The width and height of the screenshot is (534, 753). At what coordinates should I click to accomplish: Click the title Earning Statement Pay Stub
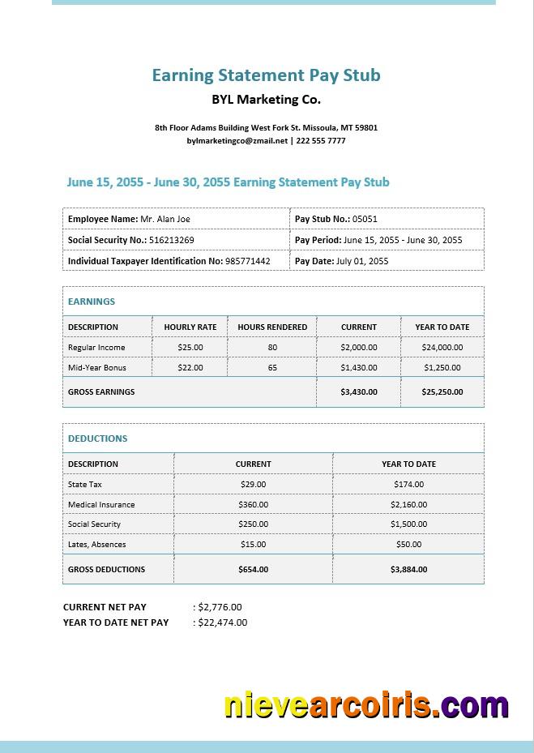click(x=266, y=75)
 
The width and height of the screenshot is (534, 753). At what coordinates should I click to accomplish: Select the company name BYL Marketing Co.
click(x=266, y=100)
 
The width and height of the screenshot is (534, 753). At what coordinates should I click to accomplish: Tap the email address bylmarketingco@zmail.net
click(x=237, y=140)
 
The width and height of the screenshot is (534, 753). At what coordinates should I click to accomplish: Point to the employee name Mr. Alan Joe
click(x=165, y=219)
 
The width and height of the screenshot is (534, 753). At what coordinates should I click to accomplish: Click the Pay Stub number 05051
click(x=365, y=219)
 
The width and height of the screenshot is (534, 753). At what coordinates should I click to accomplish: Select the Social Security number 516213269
click(x=171, y=240)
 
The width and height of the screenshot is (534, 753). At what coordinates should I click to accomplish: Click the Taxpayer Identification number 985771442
click(x=248, y=261)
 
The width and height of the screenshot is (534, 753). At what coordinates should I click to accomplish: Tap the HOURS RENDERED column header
click(x=272, y=327)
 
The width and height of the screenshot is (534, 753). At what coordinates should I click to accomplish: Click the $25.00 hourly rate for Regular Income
click(x=190, y=347)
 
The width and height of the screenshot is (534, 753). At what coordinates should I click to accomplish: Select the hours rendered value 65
click(x=272, y=367)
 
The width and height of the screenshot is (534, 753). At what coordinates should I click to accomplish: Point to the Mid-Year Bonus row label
click(x=97, y=367)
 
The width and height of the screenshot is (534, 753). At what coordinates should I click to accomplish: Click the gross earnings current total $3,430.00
click(x=359, y=391)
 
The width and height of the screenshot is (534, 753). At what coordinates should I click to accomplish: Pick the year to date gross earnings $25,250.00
click(x=442, y=391)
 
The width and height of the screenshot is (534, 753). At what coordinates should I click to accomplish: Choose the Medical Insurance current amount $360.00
click(x=254, y=504)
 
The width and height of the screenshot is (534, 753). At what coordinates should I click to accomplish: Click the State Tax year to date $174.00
click(x=408, y=484)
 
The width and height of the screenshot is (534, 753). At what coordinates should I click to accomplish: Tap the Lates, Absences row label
click(x=97, y=545)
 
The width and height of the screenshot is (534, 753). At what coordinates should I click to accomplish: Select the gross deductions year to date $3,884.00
click(x=408, y=569)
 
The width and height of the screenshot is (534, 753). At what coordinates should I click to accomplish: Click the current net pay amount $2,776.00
click(x=220, y=606)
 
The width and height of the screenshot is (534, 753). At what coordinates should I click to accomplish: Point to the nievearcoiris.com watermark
click(x=366, y=705)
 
